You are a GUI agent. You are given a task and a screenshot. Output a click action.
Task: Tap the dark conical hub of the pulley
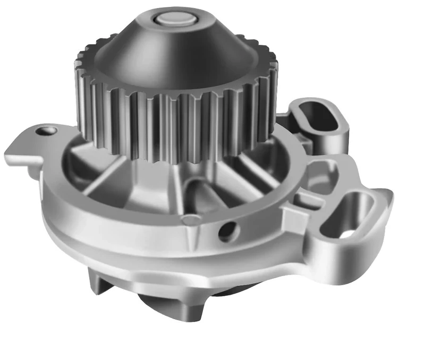(x=175, y=53)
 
